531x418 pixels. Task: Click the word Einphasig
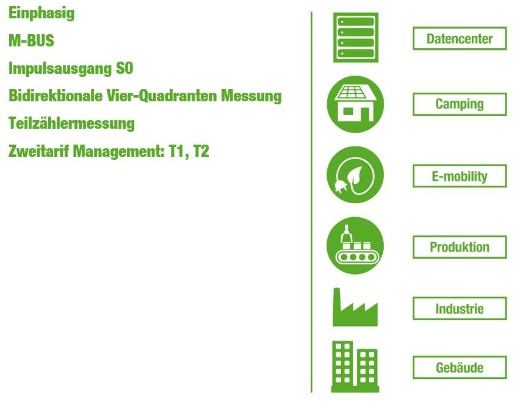click(x=42, y=13)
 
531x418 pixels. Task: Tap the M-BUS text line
click(x=31, y=41)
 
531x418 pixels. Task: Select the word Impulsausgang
click(x=60, y=69)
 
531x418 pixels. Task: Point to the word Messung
click(x=251, y=96)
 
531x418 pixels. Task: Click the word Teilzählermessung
click(x=71, y=123)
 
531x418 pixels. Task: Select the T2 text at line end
click(x=201, y=151)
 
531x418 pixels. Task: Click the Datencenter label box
click(x=460, y=38)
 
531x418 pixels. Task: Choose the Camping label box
click(x=460, y=104)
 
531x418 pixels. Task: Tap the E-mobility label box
click(x=460, y=176)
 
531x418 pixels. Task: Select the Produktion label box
click(x=460, y=247)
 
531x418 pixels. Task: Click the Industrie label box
click(x=460, y=308)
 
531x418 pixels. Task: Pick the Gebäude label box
click(x=460, y=367)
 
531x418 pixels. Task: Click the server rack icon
click(x=356, y=38)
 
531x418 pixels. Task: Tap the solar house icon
click(x=355, y=104)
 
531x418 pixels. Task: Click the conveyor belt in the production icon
click(x=357, y=257)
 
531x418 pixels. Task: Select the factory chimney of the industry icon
click(x=337, y=301)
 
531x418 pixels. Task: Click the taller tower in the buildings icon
click(x=342, y=364)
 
